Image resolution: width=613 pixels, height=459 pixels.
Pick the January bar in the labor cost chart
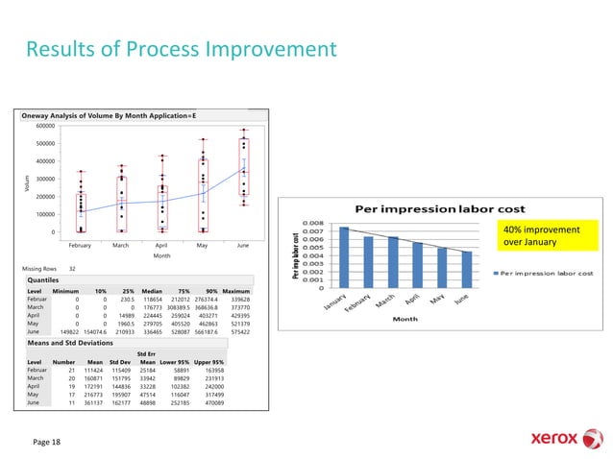345,256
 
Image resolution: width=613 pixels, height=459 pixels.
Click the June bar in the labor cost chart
466,269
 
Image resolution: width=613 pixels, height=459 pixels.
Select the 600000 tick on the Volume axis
41,126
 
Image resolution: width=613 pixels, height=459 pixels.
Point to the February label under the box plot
81,246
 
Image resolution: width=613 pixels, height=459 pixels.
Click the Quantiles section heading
46,279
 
